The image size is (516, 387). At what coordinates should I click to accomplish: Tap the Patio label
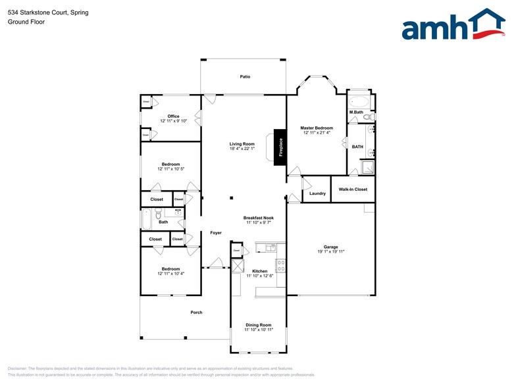coord(245,77)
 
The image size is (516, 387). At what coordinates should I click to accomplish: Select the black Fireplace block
coord(280,146)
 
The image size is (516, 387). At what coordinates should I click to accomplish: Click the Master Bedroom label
coord(317,128)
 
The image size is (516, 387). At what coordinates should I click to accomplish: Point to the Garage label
coord(330,247)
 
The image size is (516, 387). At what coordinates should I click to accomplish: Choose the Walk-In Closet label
coord(353,190)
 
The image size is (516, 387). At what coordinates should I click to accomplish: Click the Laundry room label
coord(317,193)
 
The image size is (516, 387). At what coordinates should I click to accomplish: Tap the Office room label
coord(173,116)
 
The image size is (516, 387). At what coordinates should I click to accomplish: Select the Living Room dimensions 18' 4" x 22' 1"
coord(242,149)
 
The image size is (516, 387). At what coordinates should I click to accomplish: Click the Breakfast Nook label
coord(258,218)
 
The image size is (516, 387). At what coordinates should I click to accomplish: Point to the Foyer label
coord(216,233)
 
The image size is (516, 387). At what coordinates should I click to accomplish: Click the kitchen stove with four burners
coord(280,267)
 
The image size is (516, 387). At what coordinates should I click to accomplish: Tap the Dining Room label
coord(258,325)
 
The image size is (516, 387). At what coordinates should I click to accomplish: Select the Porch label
coord(196,312)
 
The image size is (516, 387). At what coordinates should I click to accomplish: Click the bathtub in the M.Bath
coord(359,102)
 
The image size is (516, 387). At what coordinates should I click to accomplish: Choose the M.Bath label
coord(356,113)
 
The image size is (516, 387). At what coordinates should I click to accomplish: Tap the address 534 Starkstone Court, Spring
coord(48,12)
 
